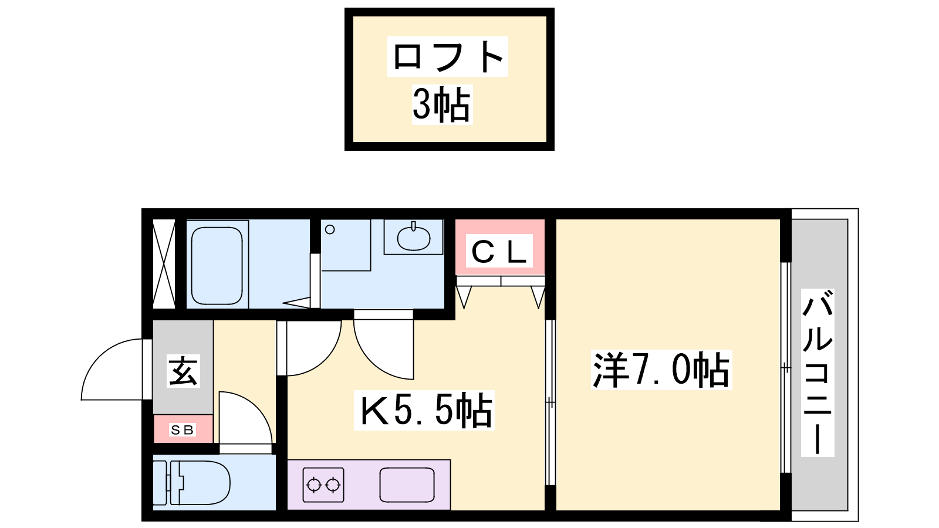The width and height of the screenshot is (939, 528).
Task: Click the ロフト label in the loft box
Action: click(x=448, y=56)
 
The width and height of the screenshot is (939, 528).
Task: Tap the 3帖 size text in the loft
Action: click(x=442, y=104)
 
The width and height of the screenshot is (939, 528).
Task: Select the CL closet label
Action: click(x=499, y=251)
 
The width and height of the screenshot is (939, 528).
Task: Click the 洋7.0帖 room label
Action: click(x=661, y=370)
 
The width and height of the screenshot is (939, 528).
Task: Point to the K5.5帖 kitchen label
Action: click(x=425, y=410)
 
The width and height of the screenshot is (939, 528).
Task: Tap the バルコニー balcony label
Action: click(x=818, y=372)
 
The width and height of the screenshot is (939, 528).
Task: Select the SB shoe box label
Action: click(x=183, y=429)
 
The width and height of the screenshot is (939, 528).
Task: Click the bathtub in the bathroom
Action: click(x=217, y=266)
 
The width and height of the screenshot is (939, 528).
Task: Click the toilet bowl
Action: click(x=200, y=483)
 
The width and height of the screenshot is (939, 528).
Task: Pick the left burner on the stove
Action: click(x=313, y=485)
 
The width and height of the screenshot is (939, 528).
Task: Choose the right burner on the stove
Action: click(x=333, y=485)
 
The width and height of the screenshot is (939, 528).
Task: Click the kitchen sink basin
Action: click(x=407, y=485)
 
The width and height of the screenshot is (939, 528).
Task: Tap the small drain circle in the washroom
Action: click(x=330, y=229)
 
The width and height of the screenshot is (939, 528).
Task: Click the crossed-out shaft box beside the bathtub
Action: click(x=164, y=264)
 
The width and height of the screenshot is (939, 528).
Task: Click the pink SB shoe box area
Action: click(x=183, y=429)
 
